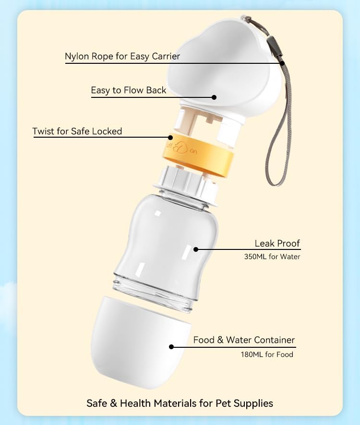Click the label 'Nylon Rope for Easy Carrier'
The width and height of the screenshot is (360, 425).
(122, 57)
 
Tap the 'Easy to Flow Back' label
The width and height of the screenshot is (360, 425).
(129, 90)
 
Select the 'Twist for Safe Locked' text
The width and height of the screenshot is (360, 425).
(77, 131)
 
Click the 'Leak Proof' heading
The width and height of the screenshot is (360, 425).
(277, 243)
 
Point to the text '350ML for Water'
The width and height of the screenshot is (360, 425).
(272, 257)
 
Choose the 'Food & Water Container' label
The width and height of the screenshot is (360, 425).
(244, 340)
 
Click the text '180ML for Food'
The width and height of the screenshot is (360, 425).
(267, 354)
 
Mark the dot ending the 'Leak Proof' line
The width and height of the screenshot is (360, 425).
(196, 249)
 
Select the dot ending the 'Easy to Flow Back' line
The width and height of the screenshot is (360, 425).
(214, 97)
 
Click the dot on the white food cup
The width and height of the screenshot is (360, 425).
(171, 346)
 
